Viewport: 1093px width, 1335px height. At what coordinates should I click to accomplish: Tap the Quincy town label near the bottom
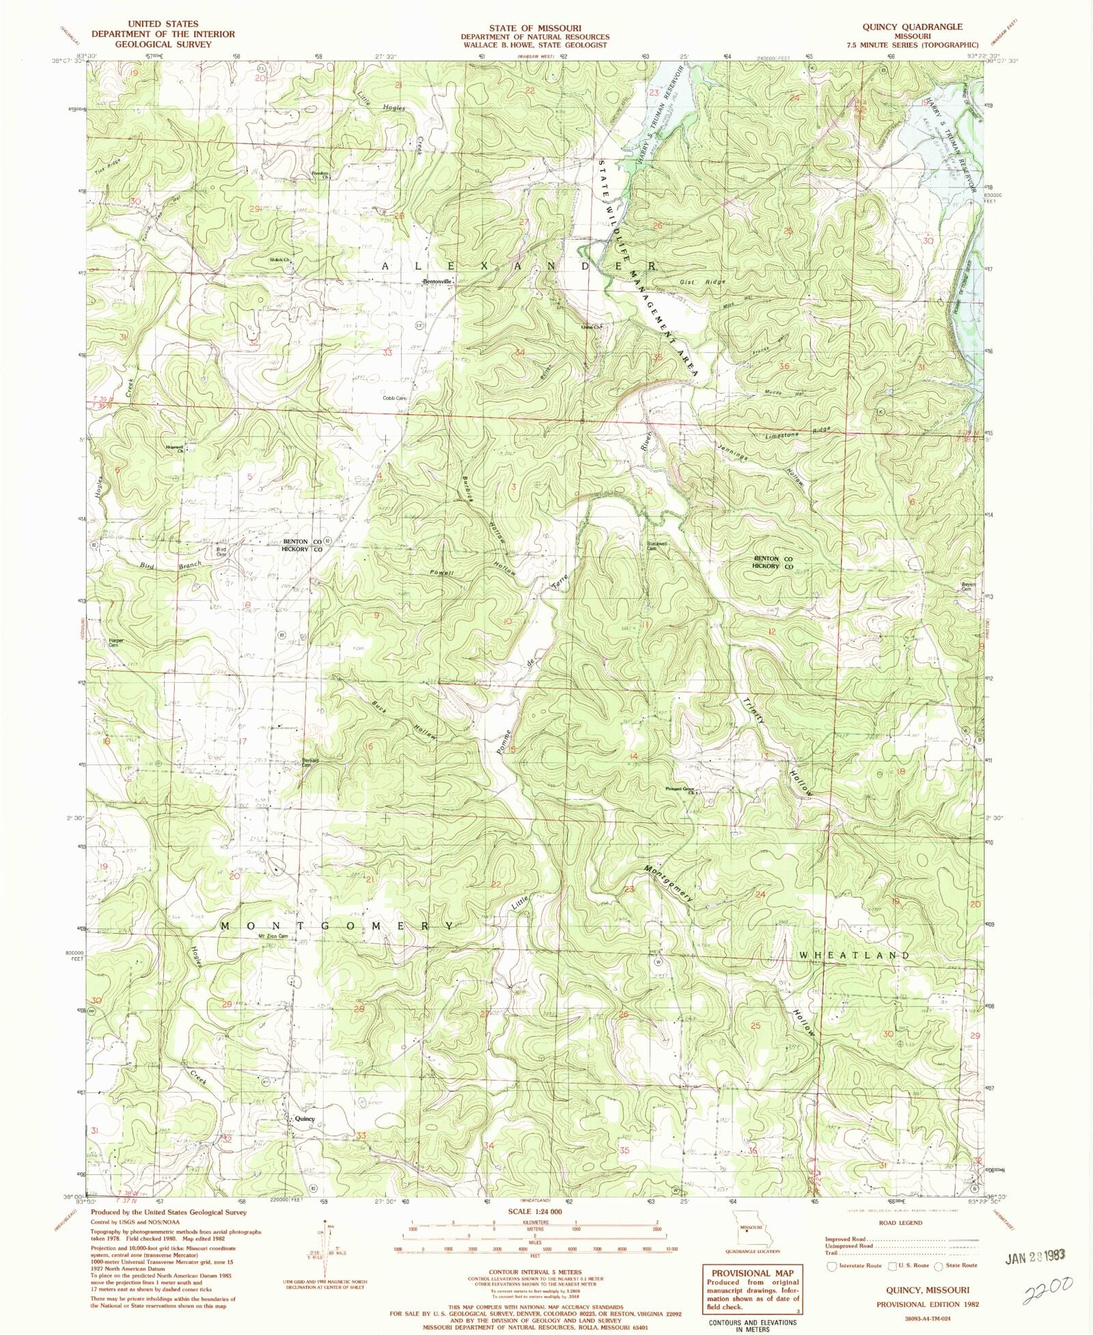point(304,1119)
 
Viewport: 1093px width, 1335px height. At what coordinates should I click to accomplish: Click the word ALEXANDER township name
point(519,265)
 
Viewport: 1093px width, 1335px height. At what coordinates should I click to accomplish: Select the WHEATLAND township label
point(854,955)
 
